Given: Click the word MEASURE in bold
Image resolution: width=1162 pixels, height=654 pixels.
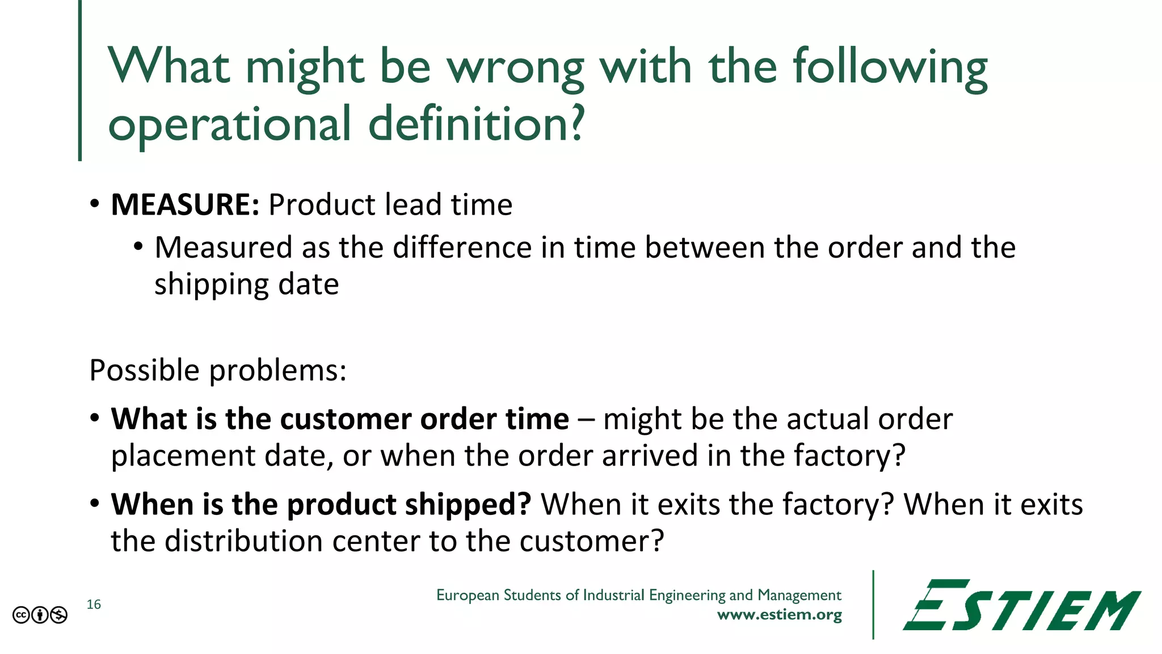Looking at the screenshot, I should [184, 205].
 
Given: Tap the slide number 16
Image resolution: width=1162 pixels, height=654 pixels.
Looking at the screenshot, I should [94, 605].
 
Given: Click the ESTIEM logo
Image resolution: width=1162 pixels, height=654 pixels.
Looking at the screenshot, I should [1021, 606].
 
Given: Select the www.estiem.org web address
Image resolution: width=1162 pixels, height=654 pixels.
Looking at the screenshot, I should [779, 615].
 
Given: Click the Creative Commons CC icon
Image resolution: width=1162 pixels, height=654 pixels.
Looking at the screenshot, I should [21, 615].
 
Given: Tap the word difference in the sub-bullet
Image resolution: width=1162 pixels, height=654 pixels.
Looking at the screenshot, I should [462, 248].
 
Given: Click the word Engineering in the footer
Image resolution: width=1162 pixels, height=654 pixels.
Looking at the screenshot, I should [687, 595].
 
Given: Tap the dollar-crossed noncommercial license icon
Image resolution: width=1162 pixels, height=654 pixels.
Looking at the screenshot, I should [58, 615].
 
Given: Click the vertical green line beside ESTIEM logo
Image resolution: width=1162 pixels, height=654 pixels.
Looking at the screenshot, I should [873, 605].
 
